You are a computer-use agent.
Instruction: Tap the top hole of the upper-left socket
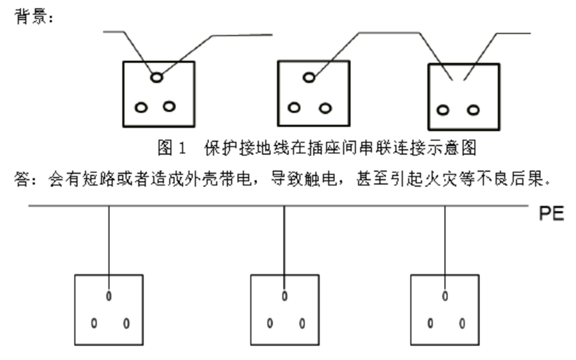(x=156, y=78)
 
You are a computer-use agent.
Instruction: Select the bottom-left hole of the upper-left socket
(x=141, y=107)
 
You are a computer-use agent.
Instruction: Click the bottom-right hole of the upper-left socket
(x=169, y=106)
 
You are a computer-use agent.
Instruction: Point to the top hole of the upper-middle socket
(x=308, y=78)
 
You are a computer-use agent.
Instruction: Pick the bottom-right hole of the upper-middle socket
(x=325, y=108)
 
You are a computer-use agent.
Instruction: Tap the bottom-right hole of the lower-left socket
(x=126, y=323)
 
